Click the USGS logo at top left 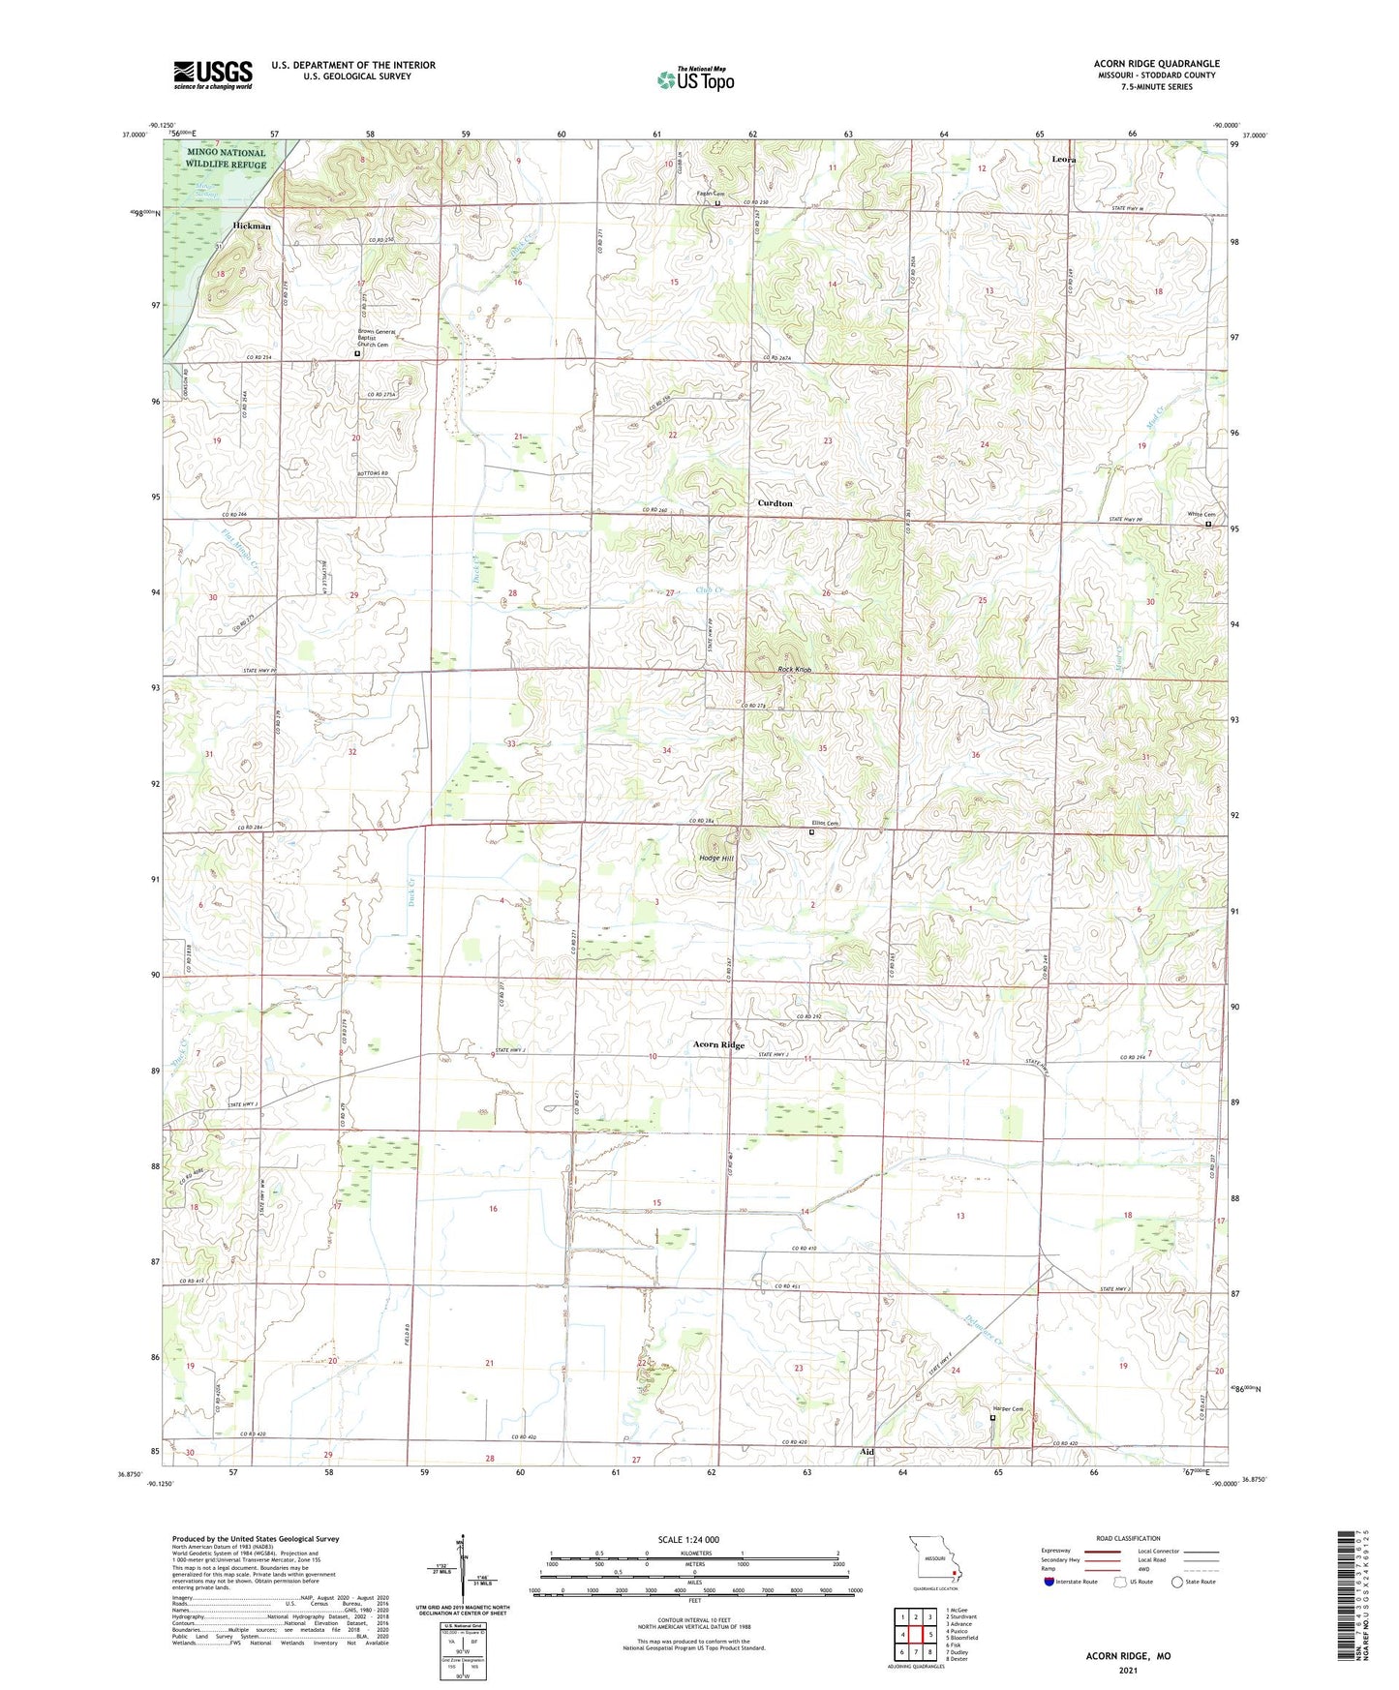[213, 74]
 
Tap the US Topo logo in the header [695, 79]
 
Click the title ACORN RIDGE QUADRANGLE [1156, 64]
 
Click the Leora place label [1063, 159]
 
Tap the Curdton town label [775, 503]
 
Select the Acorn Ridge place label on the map [718, 1045]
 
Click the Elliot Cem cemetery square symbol [811, 831]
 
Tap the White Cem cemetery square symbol [1207, 524]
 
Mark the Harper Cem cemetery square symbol [991, 1417]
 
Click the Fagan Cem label [711, 195]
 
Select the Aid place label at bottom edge [867, 1452]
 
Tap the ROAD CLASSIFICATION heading [1128, 1538]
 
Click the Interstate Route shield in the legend [1049, 1582]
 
